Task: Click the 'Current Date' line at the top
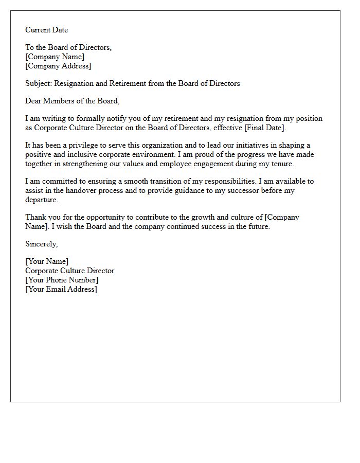tap(46, 30)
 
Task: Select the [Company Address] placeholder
tap(58, 66)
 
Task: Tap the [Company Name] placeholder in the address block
tap(55, 57)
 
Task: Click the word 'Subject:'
tap(39, 83)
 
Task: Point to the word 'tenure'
tap(281, 164)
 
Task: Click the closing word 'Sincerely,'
tap(42, 244)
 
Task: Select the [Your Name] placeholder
tap(47, 261)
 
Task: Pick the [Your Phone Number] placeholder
tap(62, 280)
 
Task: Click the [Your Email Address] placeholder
tap(61, 289)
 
